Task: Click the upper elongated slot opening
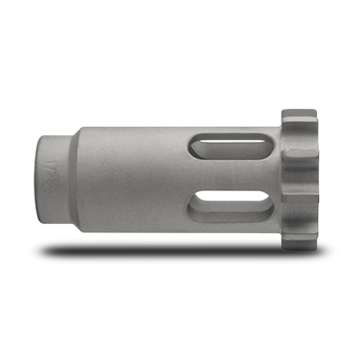pyautogui.click(x=216, y=144)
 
